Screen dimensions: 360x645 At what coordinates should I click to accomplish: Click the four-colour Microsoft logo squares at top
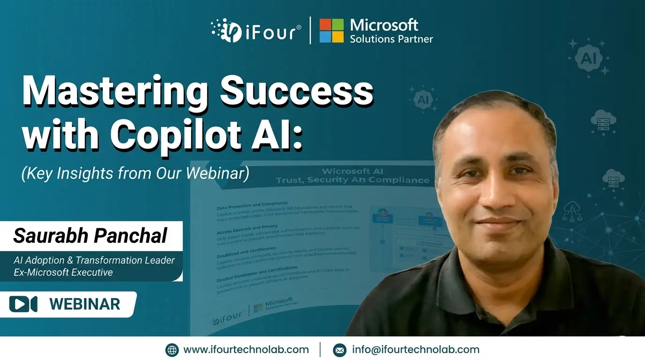click(331, 30)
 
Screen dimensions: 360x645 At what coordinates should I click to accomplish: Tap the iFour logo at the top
click(255, 30)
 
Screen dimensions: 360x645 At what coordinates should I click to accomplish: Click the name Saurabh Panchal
click(90, 236)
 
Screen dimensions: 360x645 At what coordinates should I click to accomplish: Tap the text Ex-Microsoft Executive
click(63, 272)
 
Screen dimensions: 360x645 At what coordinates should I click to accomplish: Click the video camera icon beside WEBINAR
click(23, 304)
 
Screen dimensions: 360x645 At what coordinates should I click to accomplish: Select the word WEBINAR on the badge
click(85, 304)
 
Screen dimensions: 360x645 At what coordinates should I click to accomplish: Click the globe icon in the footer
click(172, 350)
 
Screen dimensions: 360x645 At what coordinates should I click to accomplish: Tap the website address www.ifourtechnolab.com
click(246, 350)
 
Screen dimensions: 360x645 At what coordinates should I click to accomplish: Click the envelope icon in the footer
click(339, 350)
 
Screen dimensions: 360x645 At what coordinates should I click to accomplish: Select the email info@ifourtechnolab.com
click(416, 350)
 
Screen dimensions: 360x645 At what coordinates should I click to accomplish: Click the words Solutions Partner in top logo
click(391, 39)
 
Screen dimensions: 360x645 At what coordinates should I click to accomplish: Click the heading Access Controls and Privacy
click(247, 230)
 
